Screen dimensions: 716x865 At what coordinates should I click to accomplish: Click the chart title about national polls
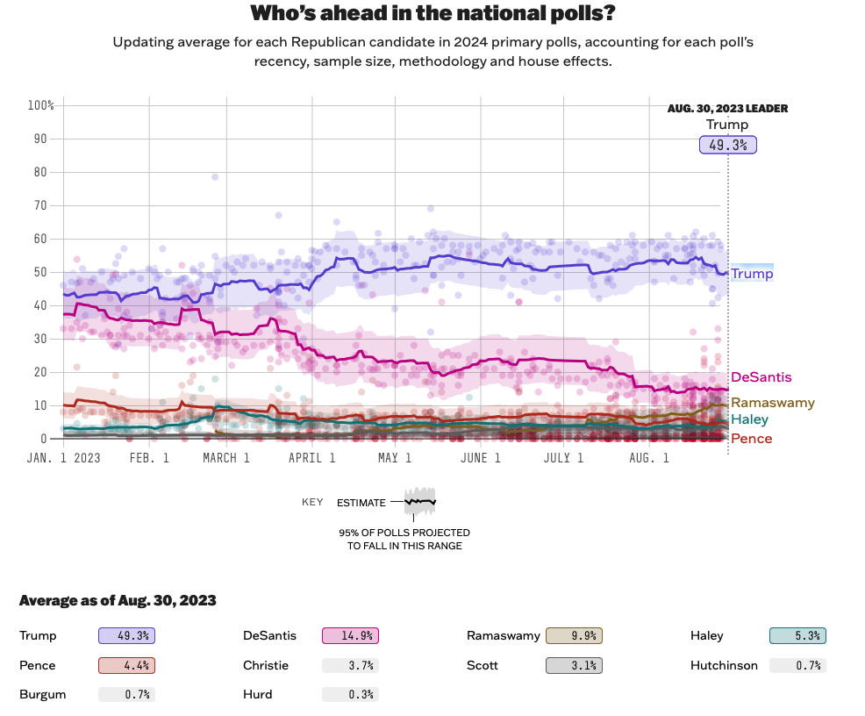pos(432,13)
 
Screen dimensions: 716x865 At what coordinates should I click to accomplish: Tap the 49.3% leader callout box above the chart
pos(727,145)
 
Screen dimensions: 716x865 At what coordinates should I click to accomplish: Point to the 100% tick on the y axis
pos(41,105)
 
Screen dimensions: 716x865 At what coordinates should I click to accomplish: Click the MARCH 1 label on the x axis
pos(226,458)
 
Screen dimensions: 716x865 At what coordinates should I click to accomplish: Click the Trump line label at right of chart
pos(752,274)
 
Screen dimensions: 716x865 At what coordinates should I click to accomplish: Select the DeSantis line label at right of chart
pos(761,377)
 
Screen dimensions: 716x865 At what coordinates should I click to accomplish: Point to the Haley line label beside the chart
pos(749,419)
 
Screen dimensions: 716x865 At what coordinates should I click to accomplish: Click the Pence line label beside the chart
pos(751,439)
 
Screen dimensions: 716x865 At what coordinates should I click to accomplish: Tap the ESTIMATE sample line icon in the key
pos(419,502)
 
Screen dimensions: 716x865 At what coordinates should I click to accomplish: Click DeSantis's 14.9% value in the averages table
pos(350,636)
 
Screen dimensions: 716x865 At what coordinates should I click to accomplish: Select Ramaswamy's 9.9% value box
pos(574,636)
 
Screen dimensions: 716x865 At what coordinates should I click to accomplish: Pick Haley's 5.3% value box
pos(797,636)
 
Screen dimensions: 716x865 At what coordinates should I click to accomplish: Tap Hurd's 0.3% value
pos(350,694)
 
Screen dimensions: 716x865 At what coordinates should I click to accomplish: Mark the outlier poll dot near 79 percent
pos(215,177)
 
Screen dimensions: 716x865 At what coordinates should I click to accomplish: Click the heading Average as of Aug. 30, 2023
pos(118,601)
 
